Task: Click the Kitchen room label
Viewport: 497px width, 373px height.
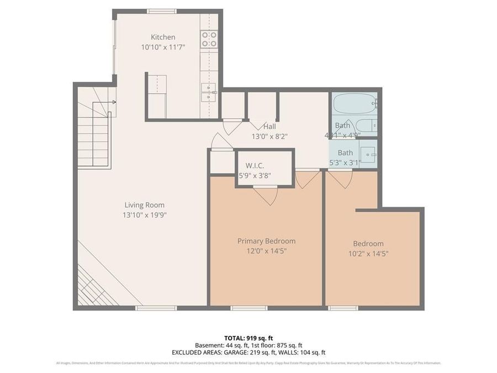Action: pos(163,38)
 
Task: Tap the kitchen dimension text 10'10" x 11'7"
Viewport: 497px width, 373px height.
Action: pos(163,48)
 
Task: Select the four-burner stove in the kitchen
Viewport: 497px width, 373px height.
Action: pos(209,39)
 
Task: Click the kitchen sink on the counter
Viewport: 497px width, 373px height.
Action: pos(209,92)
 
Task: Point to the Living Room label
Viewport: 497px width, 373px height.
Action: pos(144,205)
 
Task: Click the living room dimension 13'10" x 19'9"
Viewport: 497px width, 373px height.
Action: pos(144,215)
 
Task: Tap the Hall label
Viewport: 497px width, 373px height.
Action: pos(269,127)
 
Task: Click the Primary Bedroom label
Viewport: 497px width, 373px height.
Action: pos(266,241)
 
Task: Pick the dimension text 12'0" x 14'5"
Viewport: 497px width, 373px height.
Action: pos(266,251)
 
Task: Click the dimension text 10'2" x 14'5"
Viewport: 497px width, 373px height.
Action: pos(368,254)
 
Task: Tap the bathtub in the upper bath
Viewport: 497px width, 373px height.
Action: pos(354,103)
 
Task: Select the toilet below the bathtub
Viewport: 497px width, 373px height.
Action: pos(366,125)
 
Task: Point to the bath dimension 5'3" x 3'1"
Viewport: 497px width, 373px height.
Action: pos(345,162)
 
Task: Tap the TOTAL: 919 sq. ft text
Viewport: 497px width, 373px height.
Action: pos(248,338)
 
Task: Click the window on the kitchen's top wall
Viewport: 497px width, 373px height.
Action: pos(162,11)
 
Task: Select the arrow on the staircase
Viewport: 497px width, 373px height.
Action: pos(113,102)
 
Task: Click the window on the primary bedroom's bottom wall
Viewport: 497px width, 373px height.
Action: pos(245,308)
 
